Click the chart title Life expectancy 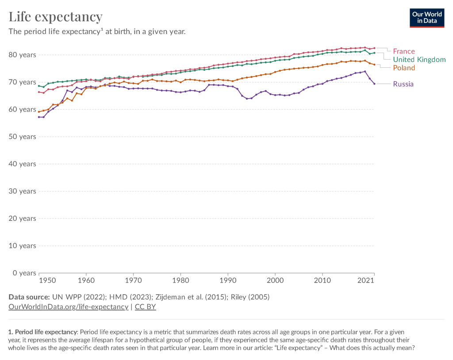(56, 17)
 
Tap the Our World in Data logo (426, 17)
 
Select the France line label (403, 51)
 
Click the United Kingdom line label (419, 60)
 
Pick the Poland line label (404, 68)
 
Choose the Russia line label (403, 84)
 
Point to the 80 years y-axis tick (22, 55)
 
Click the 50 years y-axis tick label (22, 137)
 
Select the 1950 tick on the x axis (48, 280)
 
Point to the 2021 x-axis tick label (367, 280)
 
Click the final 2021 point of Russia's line (374, 84)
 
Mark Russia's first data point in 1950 (39, 117)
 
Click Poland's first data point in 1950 (39, 111)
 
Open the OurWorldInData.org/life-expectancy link (69, 306)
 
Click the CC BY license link (145, 306)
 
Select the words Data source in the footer (29, 297)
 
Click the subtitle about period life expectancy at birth (97, 32)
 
